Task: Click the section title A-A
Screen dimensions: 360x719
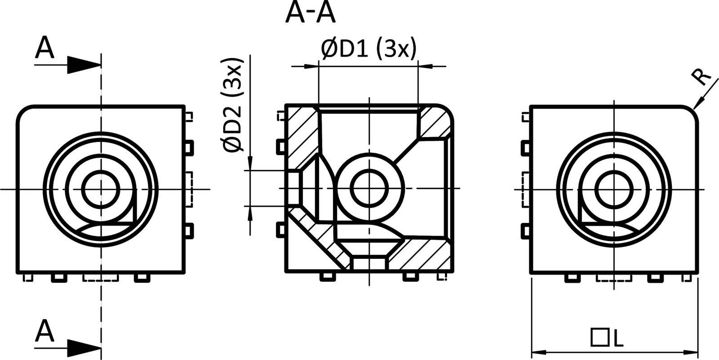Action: (310, 13)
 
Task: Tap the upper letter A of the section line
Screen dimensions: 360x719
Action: (44, 49)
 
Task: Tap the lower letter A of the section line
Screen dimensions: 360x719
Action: (44, 332)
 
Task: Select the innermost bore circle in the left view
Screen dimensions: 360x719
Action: (101, 189)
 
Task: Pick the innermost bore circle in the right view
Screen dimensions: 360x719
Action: (614, 189)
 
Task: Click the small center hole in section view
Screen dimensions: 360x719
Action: (369, 188)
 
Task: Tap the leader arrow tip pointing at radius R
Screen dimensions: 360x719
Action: (694, 108)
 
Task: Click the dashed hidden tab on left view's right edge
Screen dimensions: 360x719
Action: (190, 189)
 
